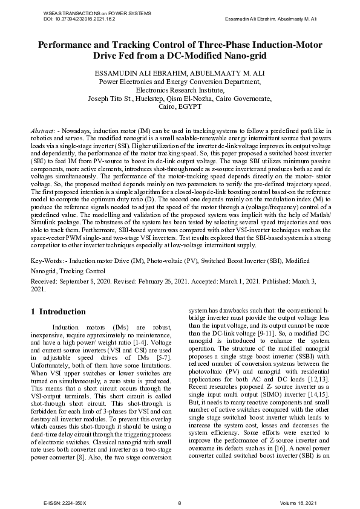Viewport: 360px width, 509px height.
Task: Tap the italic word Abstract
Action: [42, 131]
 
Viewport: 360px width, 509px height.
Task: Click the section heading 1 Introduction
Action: [58, 312]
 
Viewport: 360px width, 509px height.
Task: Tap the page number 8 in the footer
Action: [180, 503]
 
